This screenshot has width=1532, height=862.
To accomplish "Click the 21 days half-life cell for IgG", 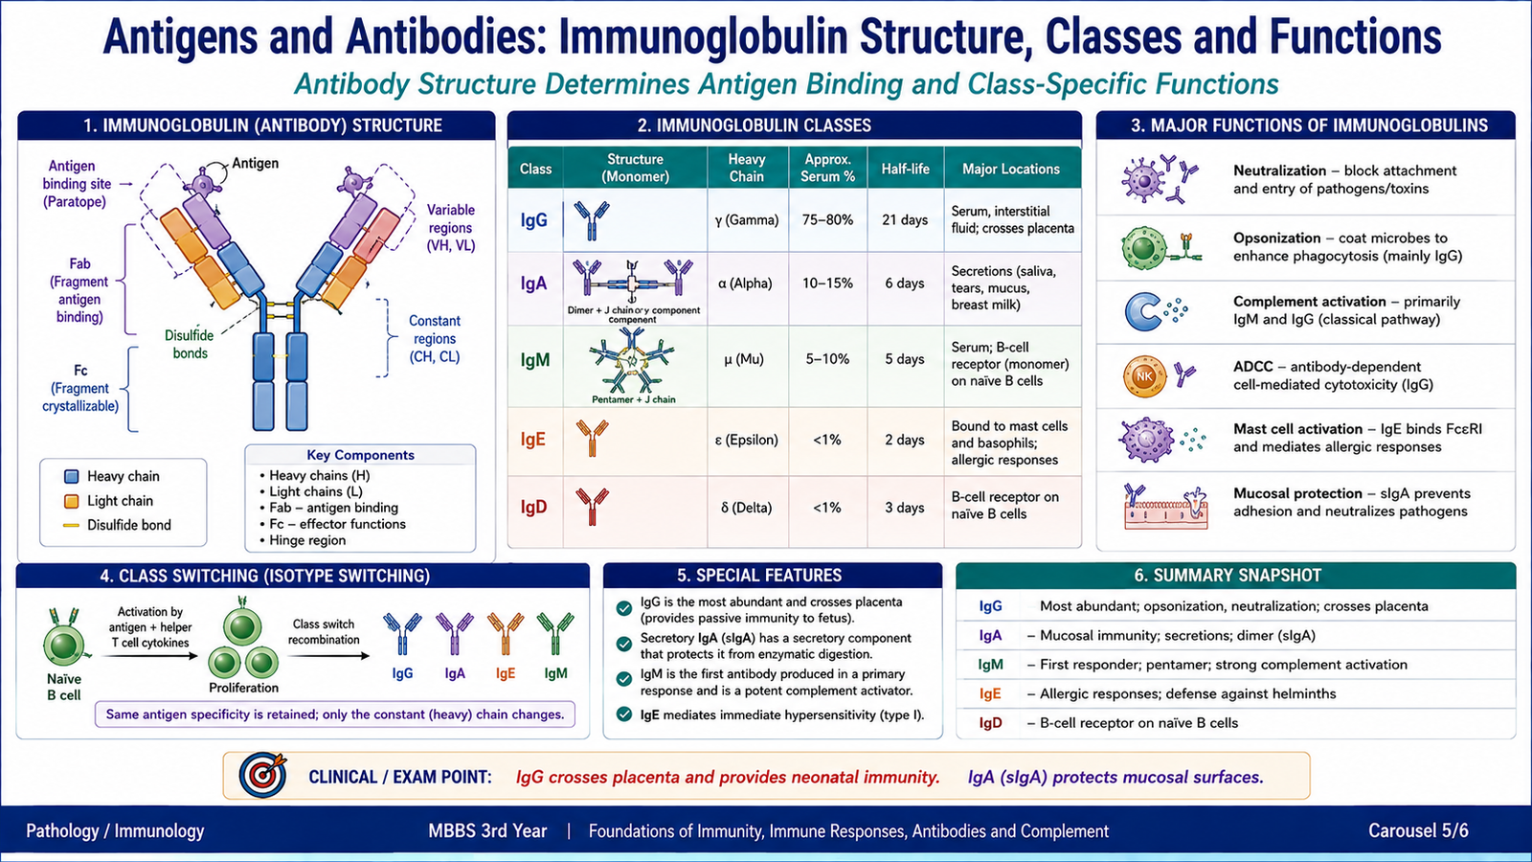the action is (905, 220).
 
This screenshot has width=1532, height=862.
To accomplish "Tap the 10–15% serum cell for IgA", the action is (827, 284).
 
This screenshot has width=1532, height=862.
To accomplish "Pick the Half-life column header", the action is (905, 169).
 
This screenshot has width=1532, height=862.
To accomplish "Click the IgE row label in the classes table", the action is (532, 440).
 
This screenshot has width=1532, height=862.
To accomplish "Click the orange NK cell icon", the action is (1144, 376).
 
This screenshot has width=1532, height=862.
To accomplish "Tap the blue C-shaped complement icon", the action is (1141, 312).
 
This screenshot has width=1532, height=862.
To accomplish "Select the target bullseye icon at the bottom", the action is (262, 776).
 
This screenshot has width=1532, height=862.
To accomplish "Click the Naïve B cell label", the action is (63, 687).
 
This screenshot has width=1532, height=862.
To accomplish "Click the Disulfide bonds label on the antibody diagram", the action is (190, 344).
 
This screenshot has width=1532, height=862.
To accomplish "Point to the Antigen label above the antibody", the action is (255, 163).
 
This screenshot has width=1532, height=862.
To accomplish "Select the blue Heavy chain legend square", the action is (71, 477).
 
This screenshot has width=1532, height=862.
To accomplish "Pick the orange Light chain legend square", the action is (71, 502).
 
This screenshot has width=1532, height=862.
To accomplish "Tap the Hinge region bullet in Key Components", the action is (303, 540).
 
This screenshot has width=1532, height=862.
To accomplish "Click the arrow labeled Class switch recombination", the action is (328, 656).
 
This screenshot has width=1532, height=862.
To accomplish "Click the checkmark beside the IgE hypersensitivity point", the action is (623, 715).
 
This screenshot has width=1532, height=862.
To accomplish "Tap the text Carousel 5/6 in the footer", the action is (1418, 831).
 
